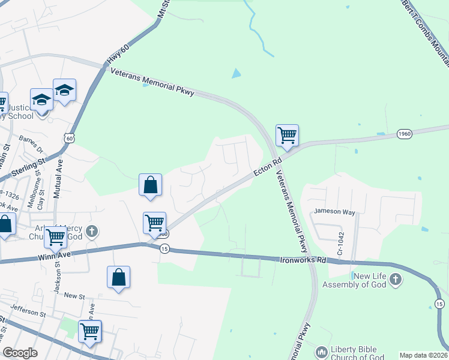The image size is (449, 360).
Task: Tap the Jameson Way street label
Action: pos(334,212)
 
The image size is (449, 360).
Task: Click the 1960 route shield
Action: pos(404,134)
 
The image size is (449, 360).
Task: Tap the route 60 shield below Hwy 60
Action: pos(70,138)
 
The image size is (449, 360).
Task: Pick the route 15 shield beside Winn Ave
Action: pos(164,249)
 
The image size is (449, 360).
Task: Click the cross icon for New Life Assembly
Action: pos(395,279)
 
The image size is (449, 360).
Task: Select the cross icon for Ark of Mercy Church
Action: pos(91,231)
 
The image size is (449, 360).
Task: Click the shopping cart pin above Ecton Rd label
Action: pos(287,134)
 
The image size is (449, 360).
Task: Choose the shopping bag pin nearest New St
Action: pos(118,277)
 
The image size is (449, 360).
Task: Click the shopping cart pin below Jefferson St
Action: pos(89,331)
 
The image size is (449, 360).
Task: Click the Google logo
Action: pos(20,353)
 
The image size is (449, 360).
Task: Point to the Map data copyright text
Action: pos(423,355)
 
